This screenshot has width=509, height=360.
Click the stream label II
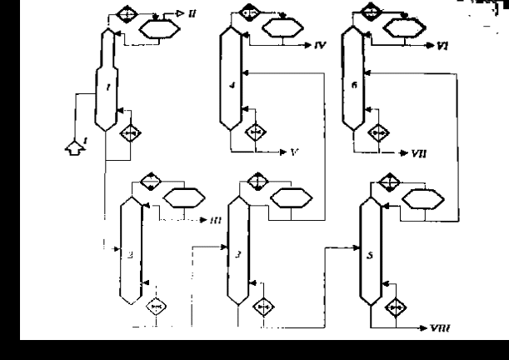point(193,15)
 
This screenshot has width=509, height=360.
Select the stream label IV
point(320,44)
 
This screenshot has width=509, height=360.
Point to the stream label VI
point(442,45)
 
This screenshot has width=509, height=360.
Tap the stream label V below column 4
point(294,152)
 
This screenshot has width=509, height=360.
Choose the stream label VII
point(418,153)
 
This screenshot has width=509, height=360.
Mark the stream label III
point(215,221)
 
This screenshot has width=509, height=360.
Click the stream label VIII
point(439,328)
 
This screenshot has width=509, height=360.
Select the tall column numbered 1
point(104,79)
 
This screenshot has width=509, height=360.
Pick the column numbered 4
point(231,79)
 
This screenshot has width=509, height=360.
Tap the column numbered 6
point(354,79)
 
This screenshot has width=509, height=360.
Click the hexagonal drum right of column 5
point(424,198)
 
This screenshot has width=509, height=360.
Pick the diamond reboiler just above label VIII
point(397,307)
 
